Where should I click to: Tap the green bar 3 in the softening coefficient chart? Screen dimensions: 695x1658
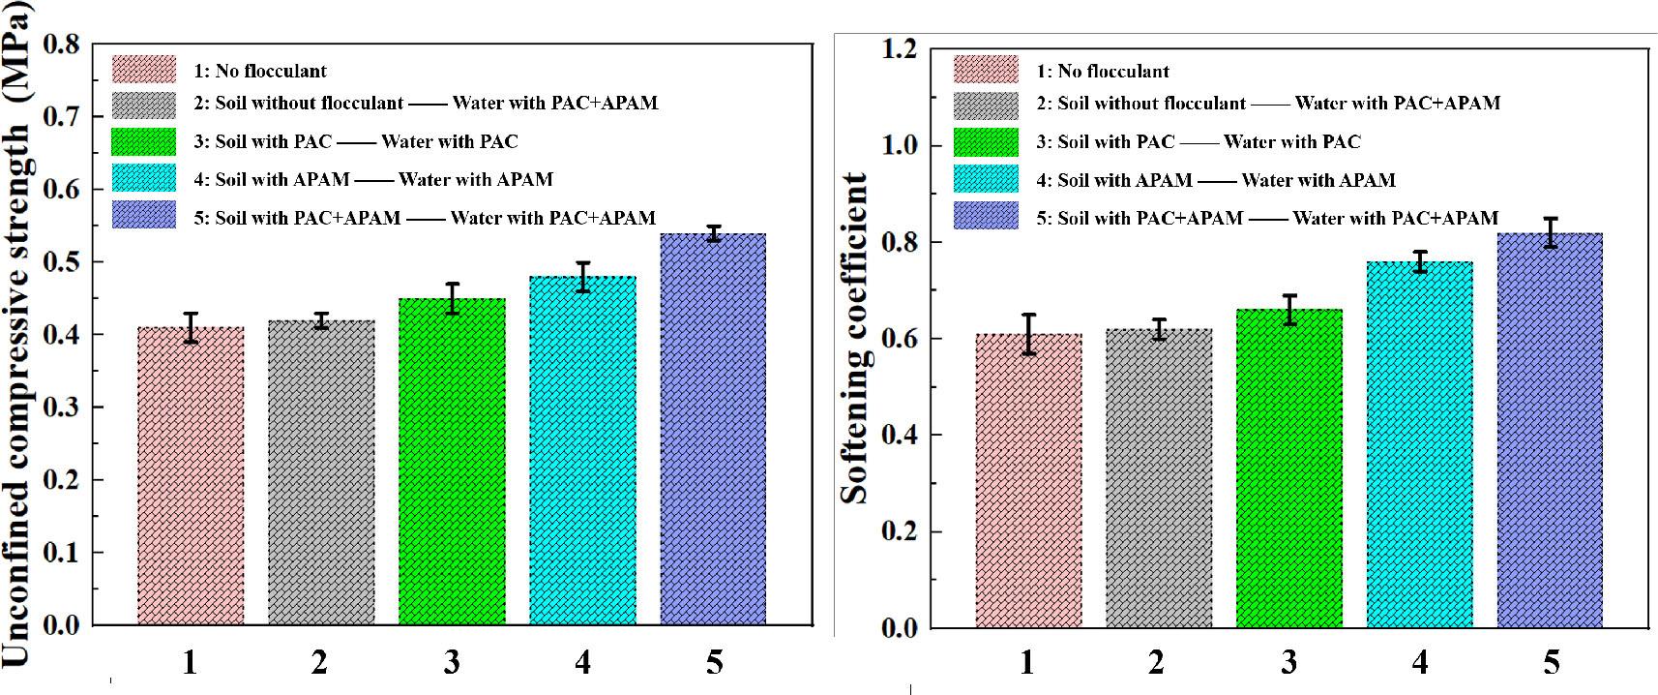click(x=1288, y=468)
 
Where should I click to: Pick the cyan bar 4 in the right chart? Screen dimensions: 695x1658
click(x=1419, y=444)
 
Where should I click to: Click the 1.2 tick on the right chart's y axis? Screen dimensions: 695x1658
click(x=899, y=49)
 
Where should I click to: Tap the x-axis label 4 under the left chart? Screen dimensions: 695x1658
click(x=582, y=662)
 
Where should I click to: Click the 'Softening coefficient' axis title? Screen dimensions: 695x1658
click(x=854, y=338)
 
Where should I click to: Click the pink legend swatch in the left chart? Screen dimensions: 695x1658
click(x=144, y=70)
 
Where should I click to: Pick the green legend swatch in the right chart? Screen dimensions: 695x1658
click(x=986, y=141)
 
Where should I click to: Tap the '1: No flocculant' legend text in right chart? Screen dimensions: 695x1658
click(x=1103, y=71)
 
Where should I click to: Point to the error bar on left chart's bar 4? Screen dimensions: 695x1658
click(x=582, y=276)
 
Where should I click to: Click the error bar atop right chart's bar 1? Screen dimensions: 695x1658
click(x=1028, y=334)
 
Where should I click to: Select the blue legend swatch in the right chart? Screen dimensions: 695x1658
click(x=986, y=216)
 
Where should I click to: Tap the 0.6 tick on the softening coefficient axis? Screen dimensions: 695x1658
click(x=899, y=339)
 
